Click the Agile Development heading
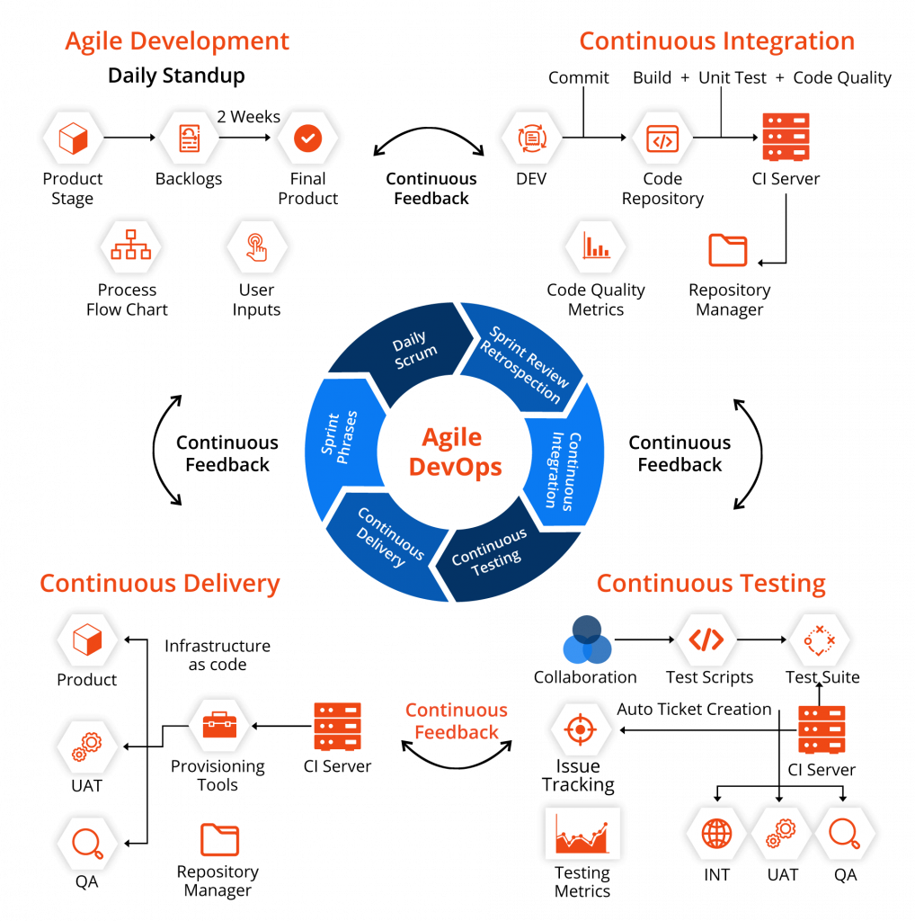177,41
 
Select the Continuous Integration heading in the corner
716,41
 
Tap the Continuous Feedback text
457,721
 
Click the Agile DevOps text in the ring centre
455,452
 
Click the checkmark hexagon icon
307,139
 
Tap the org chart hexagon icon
131,246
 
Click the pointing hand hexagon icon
257,246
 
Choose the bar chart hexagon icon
596,246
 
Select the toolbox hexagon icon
219,725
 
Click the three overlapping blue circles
587,640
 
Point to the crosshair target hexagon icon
582,729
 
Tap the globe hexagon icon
716,833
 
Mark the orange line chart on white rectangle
582,833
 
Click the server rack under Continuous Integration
786,137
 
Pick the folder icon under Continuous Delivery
220,839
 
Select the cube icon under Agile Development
73,139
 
